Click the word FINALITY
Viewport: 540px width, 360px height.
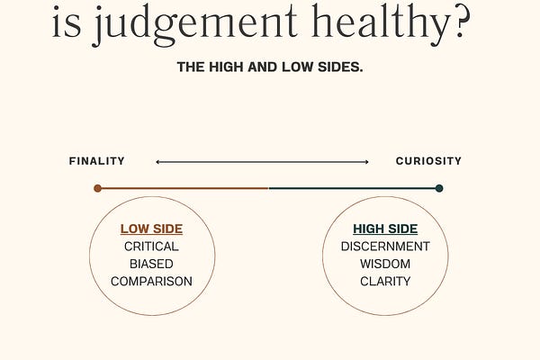point(96,161)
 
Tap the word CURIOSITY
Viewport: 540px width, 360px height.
point(428,161)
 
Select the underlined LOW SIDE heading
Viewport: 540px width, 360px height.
point(151,229)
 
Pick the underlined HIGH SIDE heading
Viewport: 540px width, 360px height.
point(385,229)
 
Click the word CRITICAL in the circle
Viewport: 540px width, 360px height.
point(151,247)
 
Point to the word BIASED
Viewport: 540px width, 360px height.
point(151,264)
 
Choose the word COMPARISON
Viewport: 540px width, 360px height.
point(151,281)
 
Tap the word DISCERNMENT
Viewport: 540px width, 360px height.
point(385,247)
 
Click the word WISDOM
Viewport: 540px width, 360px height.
point(385,264)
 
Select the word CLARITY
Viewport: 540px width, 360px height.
point(385,281)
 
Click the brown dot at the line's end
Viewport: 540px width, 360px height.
point(97,188)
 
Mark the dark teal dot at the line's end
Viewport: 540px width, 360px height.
point(439,188)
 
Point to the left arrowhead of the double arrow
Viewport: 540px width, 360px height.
point(157,162)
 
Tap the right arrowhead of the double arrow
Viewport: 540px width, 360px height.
point(366,162)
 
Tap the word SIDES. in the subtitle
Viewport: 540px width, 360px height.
point(337,67)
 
